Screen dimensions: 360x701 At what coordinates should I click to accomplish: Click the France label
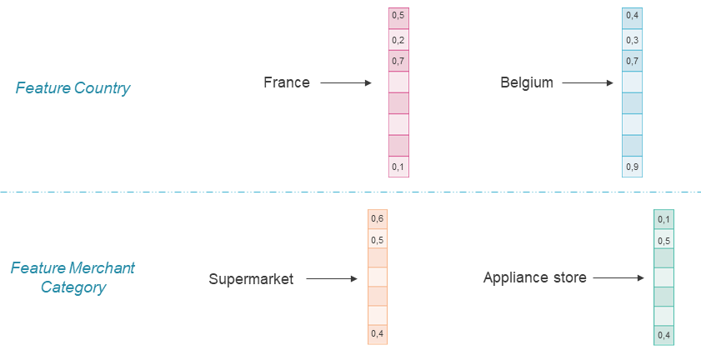(286, 82)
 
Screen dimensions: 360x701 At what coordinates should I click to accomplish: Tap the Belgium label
(526, 82)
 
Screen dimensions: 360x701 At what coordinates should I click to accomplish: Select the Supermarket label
(251, 279)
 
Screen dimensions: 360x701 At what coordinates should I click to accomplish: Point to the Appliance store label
(534, 277)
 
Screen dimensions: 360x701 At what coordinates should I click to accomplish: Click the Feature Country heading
(73, 87)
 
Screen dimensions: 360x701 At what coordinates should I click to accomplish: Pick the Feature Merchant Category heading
(73, 277)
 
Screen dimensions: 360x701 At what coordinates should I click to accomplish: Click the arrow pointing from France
(345, 82)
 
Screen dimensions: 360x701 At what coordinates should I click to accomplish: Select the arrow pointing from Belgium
(586, 82)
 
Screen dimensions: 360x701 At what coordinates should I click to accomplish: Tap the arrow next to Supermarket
(331, 279)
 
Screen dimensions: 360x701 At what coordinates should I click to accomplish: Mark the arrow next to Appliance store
(618, 277)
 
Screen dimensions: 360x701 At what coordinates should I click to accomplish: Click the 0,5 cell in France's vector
(398, 17)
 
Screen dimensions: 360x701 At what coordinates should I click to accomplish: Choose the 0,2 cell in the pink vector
(398, 39)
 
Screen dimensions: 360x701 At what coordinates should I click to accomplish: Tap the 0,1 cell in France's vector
(398, 167)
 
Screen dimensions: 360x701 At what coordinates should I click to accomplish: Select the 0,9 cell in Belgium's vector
(633, 167)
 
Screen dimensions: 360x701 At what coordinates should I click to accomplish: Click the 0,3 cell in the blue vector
(633, 39)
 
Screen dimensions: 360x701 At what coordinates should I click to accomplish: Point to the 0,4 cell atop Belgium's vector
(633, 17)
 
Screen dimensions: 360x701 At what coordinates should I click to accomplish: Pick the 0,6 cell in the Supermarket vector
(378, 218)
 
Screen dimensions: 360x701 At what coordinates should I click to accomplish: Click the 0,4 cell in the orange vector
(378, 334)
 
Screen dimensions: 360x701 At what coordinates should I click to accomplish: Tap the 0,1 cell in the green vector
(663, 219)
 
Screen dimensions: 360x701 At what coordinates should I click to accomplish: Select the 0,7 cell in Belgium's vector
(633, 61)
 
